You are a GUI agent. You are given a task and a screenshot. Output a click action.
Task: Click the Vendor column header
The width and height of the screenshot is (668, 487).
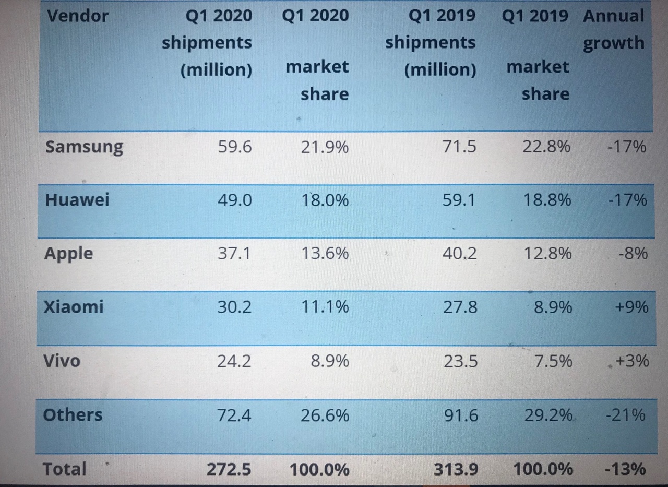click(x=77, y=16)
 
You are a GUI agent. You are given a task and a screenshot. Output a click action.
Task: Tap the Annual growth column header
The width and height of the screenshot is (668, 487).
click(x=614, y=29)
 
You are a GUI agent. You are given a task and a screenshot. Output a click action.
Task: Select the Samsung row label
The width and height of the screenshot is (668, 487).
click(x=84, y=147)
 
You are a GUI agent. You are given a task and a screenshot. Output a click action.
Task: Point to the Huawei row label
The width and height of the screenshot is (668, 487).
click(x=77, y=200)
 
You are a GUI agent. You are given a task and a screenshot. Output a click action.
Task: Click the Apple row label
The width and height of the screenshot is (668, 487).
click(x=68, y=254)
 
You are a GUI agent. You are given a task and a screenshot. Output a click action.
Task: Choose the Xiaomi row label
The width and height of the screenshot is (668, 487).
click(x=73, y=306)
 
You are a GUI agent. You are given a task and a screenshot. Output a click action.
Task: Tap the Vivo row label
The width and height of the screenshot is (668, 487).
click(x=62, y=361)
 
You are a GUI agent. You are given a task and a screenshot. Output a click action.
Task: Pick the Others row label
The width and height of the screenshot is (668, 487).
click(x=73, y=415)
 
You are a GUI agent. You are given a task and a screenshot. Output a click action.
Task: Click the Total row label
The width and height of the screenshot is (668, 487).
click(x=64, y=469)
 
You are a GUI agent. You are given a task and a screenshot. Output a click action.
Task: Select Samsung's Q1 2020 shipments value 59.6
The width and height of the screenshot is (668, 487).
click(x=234, y=147)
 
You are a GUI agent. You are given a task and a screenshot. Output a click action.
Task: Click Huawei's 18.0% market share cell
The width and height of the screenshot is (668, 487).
click(x=325, y=200)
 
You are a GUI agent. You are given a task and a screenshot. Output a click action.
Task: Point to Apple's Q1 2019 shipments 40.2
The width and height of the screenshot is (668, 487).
click(x=459, y=254)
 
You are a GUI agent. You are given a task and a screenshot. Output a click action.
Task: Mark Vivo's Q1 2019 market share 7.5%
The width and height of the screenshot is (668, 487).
click(x=553, y=361)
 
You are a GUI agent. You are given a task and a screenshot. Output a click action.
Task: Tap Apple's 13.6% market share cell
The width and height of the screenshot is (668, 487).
click(x=325, y=254)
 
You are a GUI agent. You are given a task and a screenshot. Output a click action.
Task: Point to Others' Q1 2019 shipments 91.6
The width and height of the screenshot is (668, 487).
click(x=460, y=415)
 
